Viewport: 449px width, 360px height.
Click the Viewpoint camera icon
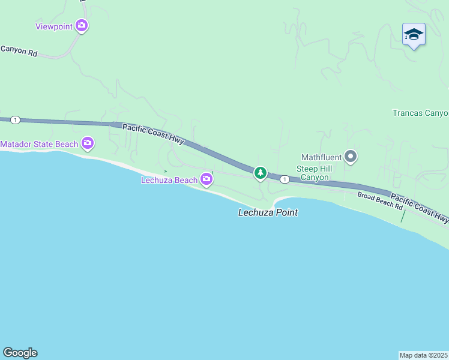coord(82,26)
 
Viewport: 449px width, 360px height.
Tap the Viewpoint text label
coord(54,26)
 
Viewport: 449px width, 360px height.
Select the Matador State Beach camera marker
coord(88,143)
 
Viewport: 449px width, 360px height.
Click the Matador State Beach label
coord(40,144)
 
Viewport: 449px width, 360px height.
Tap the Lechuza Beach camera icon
coord(207,179)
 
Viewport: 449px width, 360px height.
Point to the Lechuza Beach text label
coord(169,180)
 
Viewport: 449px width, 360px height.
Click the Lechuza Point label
coord(268,212)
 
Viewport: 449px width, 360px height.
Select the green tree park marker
coord(260,173)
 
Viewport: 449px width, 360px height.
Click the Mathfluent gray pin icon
coord(351,157)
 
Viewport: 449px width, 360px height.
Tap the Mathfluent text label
coord(321,157)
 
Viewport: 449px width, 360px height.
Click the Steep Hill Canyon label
coord(313,173)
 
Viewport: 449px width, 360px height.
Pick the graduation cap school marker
coord(414,34)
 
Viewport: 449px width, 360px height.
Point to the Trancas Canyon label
coord(420,113)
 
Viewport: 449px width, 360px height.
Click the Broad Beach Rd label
coord(380,200)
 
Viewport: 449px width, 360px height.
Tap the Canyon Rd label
coord(19,52)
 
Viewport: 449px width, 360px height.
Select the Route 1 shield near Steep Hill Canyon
coord(285,179)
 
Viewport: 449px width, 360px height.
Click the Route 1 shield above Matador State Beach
coord(15,120)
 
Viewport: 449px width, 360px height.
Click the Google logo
coord(20,352)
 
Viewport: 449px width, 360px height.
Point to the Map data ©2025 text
coord(424,355)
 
